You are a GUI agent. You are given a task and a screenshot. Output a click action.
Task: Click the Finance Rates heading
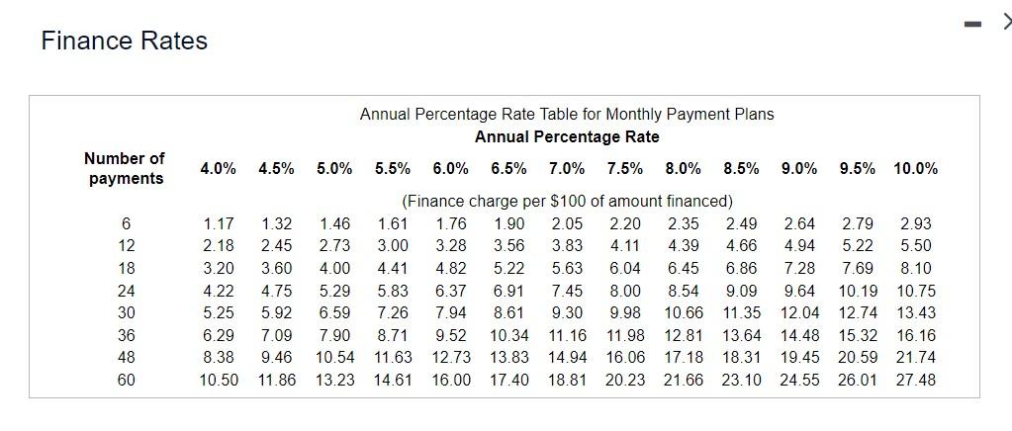coord(125,41)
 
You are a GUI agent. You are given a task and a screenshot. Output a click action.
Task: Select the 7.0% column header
coord(567,168)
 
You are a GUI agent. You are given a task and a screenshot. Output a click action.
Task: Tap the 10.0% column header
coord(915,168)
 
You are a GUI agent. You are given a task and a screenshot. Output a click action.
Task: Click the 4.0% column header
coord(218,168)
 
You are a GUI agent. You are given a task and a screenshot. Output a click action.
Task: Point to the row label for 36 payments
coord(126,335)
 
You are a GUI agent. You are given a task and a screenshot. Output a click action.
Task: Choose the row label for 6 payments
coord(126,224)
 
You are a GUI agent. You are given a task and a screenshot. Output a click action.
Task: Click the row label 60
coord(126,380)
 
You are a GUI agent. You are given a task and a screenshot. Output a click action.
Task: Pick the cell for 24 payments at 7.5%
coord(625,291)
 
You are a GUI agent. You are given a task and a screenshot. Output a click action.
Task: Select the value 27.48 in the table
coord(916,380)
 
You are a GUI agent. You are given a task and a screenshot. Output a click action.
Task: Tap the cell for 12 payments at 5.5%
coord(393,245)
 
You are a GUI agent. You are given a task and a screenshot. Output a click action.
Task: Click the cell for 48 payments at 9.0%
coord(799,357)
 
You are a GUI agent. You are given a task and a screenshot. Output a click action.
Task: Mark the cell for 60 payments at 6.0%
coord(451,380)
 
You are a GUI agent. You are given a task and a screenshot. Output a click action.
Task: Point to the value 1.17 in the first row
coord(219,224)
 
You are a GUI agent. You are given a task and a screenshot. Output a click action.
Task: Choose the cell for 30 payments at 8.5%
coord(741,312)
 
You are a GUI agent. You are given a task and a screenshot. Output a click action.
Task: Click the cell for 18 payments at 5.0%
coord(334,268)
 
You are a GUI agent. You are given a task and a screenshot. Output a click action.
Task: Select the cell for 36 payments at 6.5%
coord(509,335)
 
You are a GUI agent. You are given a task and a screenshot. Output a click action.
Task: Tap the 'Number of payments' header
coord(125,168)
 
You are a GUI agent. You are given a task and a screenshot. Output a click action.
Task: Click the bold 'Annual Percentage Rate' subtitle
coord(567,136)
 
